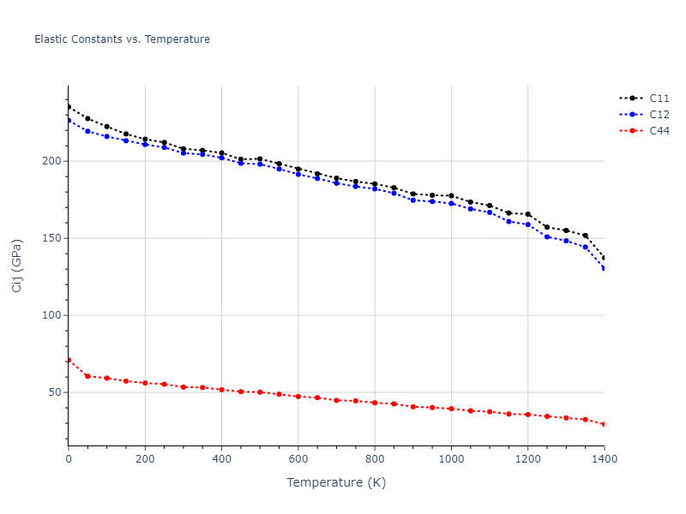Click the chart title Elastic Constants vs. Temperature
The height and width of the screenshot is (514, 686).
point(122,39)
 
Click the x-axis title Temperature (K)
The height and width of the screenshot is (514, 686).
point(336,483)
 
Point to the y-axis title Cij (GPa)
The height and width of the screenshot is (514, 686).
point(17,266)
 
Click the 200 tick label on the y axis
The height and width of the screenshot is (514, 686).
point(52,161)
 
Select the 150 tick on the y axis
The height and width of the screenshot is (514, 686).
point(52,238)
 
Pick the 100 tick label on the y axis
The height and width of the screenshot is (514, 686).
point(52,315)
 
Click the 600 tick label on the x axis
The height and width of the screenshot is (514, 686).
point(298,459)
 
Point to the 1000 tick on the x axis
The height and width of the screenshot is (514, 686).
point(451,459)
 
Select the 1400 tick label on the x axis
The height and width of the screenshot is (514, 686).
point(604,459)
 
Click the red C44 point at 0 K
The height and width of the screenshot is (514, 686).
point(69,360)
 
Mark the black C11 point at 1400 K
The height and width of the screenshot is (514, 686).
point(605,258)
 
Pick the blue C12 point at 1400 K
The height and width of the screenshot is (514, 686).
point(605,269)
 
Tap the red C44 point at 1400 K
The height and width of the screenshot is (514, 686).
point(605,424)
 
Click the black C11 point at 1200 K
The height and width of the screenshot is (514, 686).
point(528,214)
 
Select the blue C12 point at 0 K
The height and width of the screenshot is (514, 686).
point(69,120)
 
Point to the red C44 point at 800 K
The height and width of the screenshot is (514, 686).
point(375,403)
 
